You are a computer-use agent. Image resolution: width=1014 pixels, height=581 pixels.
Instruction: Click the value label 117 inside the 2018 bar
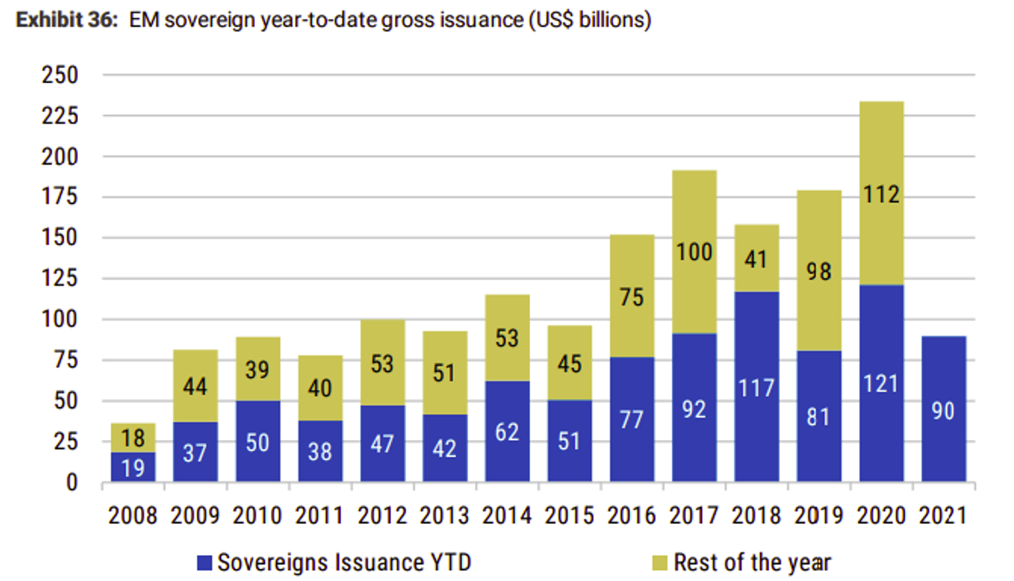coord(756,388)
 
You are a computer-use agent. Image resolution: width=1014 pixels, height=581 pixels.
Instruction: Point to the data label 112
coord(881,196)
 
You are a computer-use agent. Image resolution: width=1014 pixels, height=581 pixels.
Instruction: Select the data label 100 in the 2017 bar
coord(694,251)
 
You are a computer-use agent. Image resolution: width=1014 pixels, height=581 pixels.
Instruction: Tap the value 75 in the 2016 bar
coord(632,297)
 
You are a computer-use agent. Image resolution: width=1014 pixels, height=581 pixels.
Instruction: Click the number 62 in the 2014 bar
coord(507,432)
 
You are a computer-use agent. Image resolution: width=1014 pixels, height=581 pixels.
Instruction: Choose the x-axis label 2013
coord(445,515)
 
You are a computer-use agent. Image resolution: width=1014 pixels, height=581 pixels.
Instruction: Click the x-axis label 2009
coord(195,515)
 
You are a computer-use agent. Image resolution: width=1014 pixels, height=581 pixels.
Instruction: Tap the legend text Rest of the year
coord(751,562)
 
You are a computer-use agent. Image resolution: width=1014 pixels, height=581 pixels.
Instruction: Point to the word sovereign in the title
coord(210,20)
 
